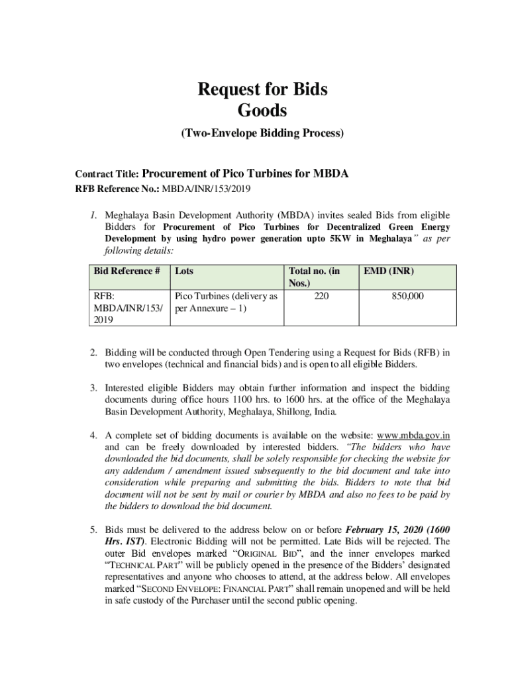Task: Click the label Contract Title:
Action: point(107,175)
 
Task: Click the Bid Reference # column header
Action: point(126,271)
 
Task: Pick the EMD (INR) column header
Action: point(394,271)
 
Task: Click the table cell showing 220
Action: point(321,297)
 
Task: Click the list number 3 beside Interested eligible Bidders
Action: point(94,387)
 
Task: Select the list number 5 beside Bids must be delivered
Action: point(94,530)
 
